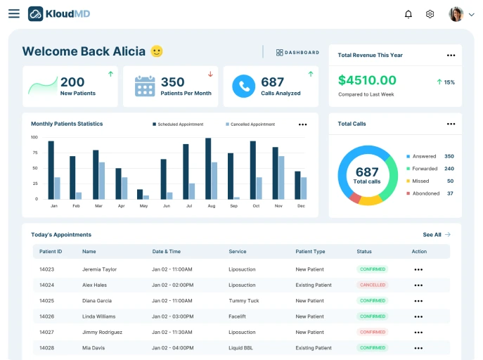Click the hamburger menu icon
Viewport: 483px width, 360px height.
(14, 13)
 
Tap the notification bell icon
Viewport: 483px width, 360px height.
(408, 14)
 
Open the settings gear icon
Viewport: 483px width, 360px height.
(430, 14)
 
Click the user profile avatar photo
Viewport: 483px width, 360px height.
(456, 14)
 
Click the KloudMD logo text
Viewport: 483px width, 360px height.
(68, 13)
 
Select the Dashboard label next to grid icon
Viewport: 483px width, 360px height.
(302, 53)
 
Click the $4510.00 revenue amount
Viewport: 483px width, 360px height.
(367, 80)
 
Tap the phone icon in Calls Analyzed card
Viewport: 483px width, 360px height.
(244, 86)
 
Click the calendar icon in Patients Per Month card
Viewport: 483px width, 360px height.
(145, 86)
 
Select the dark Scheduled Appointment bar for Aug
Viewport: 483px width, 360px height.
(208, 168)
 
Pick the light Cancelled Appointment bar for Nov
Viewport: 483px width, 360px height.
(281, 177)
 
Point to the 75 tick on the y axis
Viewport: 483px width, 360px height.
(34, 153)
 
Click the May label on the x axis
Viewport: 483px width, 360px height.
(143, 206)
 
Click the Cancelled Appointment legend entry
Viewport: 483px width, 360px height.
(251, 124)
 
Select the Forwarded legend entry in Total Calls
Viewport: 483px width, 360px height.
(424, 169)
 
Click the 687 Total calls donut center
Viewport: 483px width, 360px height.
(367, 175)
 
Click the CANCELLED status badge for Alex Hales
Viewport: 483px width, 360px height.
(373, 285)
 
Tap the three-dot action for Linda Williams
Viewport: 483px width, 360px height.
(418, 316)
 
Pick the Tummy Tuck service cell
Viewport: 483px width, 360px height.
(244, 301)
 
